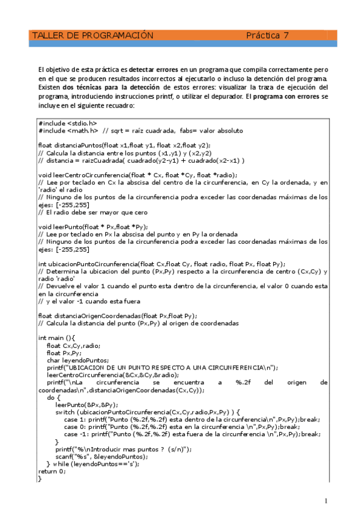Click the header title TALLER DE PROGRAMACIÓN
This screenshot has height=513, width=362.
click(x=92, y=36)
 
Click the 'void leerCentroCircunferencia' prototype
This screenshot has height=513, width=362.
click(x=137, y=175)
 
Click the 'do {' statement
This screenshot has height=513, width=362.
click(x=53, y=397)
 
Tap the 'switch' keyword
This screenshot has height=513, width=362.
click(x=65, y=412)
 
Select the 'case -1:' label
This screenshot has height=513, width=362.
click(x=75, y=434)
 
